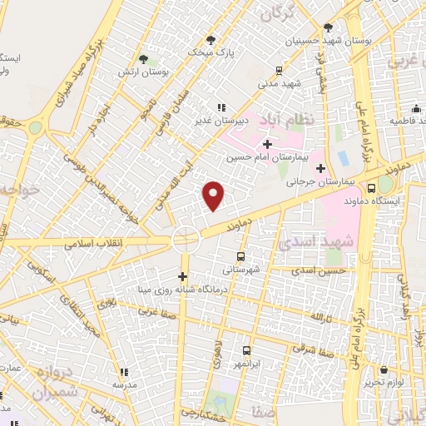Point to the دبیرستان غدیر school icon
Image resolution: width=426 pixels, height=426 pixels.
[x=220, y=107]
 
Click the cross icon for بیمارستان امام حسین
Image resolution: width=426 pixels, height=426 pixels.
[x=266, y=143]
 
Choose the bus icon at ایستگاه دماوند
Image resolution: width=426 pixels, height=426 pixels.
[x=384, y=187]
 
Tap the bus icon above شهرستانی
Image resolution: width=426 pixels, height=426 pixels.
[x=241, y=256]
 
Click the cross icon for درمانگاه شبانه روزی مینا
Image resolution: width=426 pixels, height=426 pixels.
[x=183, y=276]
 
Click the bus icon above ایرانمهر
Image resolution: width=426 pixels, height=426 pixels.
[x=246, y=351]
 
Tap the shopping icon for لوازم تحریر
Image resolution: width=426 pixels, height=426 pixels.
[x=384, y=369]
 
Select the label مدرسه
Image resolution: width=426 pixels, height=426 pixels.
[x=124, y=385]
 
